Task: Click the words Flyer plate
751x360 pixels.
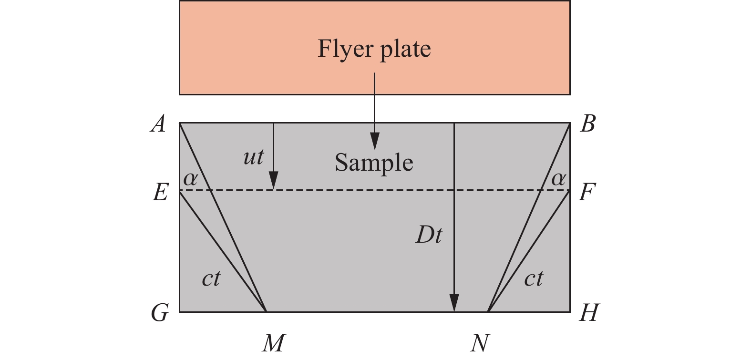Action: point(374,49)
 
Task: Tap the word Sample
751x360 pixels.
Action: point(374,163)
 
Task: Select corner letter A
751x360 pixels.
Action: point(158,124)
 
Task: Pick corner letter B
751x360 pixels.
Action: point(588,124)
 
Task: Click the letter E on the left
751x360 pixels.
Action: point(160,193)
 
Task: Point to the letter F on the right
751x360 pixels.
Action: point(587,193)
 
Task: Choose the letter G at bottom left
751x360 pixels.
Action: point(160,313)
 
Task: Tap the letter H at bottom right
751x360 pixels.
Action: point(588,313)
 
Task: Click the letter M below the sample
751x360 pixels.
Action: point(274,342)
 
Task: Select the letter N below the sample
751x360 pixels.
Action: point(479,342)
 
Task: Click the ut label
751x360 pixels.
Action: point(253,157)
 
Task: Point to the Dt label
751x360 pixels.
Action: point(429,235)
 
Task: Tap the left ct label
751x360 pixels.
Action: point(211,278)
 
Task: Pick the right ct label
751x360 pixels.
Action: point(534,278)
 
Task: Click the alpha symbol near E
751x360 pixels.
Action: point(190,179)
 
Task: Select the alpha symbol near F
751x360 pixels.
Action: point(558,179)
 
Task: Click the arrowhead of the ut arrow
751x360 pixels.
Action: point(273,182)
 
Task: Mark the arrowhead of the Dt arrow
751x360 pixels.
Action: point(454,303)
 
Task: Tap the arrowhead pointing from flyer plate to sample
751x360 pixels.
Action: point(375,142)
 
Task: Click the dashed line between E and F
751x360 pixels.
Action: point(362,190)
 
